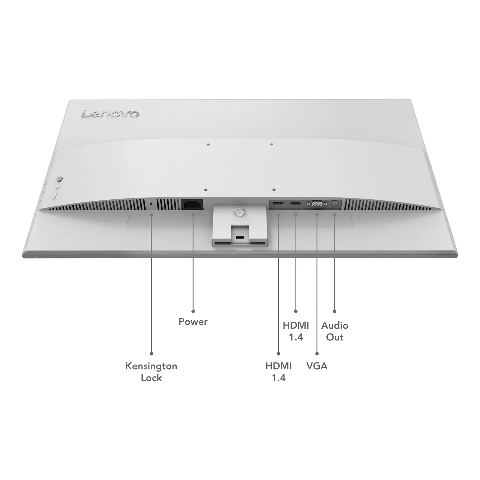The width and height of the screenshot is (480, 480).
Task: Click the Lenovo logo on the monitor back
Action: click(110, 114)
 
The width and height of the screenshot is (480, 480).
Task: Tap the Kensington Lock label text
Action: click(151, 372)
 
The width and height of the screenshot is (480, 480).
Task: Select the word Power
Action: click(193, 322)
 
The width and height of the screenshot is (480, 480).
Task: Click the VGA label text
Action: click(317, 366)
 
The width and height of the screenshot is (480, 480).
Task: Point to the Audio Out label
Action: click(335, 331)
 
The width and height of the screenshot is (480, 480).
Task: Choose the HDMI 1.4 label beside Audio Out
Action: click(296, 331)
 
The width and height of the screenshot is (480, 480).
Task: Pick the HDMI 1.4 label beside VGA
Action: click(278, 372)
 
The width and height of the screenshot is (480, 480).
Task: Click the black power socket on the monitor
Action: click(192, 204)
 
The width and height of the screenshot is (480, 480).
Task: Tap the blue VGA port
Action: click(317, 203)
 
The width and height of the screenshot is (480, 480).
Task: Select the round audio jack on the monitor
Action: click(335, 203)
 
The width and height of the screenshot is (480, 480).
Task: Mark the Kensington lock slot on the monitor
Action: click(151, 204)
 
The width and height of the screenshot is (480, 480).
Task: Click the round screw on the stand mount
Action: click(238, 212)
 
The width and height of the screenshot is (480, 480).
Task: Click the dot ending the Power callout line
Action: click(193, 311)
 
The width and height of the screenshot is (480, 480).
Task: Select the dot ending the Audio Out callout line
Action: click(335, 311)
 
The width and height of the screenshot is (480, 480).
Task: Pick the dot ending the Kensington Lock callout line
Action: click(151, 354)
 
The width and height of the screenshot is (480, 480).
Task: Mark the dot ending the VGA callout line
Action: click(317, 354)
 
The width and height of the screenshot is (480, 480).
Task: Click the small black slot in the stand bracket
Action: click(239, 237)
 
